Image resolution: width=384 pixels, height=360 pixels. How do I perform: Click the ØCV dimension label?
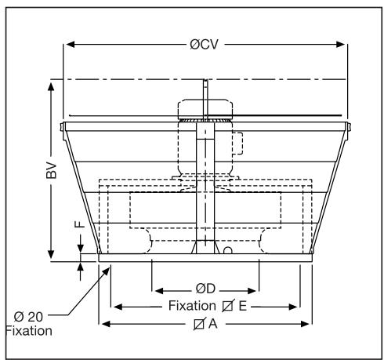click(205, 44)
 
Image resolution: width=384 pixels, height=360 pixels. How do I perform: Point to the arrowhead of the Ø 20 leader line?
click(106, 268)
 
